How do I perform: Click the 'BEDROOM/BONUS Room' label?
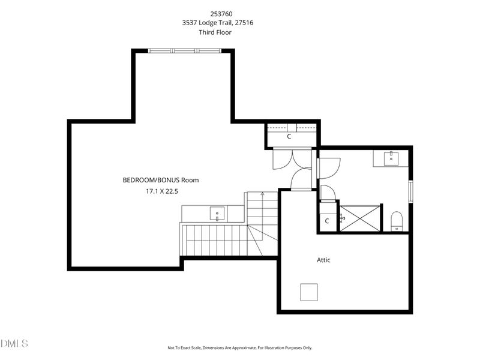tap(160, 179)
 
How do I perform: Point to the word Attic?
tap(323, 260)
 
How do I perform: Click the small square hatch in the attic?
tap(310, 292)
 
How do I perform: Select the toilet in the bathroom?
tap(397, 220)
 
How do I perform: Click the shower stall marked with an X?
tap(359, 217)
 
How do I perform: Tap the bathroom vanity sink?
tap(392, 158)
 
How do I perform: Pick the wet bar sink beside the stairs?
tap(217, 213)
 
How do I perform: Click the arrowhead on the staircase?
tap(262, 193)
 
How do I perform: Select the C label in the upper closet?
tap(289, 136)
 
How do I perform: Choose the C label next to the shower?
tap(327, 221)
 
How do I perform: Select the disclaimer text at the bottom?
tap(239, 347)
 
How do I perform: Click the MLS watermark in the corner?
tap(14, 344)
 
